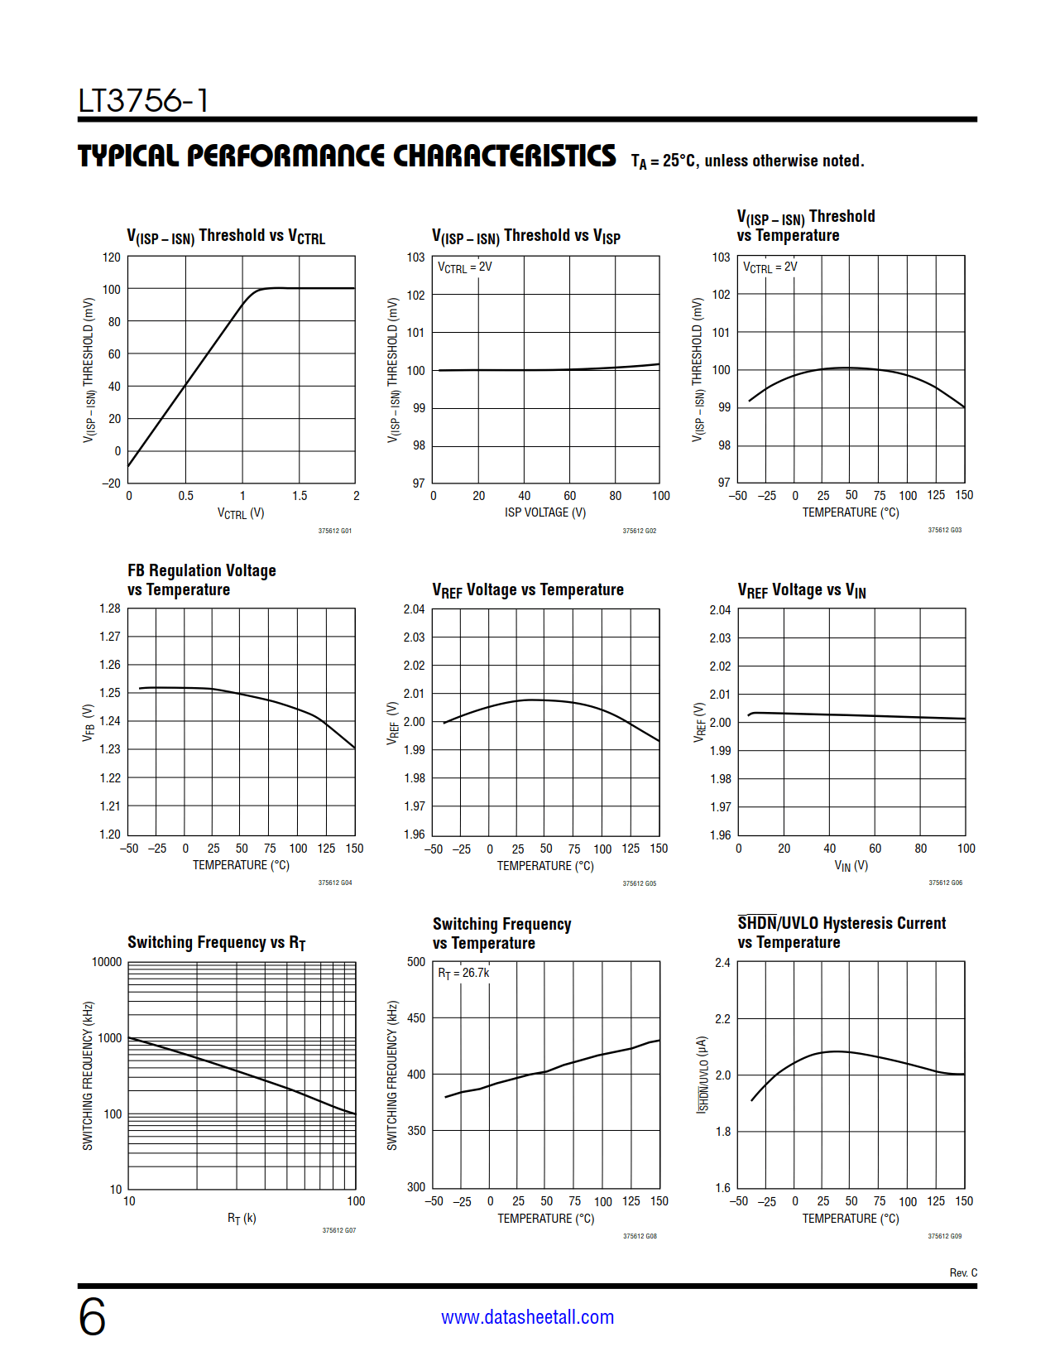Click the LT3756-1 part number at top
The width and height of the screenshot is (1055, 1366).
[143, 101]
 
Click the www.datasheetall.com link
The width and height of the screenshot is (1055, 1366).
[527, 1317]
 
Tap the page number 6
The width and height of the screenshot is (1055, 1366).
[92, 1316]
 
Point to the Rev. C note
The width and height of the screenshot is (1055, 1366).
[963, 1272]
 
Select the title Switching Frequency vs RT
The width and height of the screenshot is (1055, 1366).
[217, 943]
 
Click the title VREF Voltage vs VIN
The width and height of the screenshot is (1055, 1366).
[802, 590]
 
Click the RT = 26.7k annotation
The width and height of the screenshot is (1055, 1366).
[463, 973]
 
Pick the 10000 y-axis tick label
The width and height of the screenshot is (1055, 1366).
[107, 962]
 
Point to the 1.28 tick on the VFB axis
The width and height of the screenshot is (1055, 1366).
[110, 608]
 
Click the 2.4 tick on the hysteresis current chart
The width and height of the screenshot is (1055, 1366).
[722, 963]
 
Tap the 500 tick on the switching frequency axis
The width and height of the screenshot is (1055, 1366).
[416, 962]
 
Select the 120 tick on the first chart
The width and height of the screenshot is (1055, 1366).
[112, 257]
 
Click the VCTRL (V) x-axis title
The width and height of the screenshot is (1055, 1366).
[241, 513]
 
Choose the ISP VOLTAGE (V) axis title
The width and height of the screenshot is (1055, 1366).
[545, 512]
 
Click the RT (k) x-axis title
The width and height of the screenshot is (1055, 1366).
[242, 1218]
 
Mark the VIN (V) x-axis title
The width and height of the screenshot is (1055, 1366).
[851, 866]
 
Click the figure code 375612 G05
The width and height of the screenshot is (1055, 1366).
[640, 883]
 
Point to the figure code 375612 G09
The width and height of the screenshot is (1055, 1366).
[945, 1236]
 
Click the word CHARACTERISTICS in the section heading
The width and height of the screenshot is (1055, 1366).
[504, 156]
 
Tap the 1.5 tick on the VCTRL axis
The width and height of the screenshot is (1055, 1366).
[300, 496]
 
